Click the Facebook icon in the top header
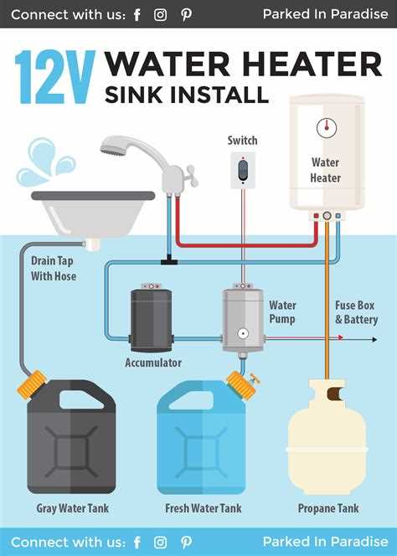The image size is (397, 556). [137, 15]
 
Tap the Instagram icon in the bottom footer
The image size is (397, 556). [160, 542]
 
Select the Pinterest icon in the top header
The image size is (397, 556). [186, 15]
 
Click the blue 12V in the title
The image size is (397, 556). [55, 77]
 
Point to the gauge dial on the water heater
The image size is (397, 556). [327, 128]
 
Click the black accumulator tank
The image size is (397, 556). [152, 320]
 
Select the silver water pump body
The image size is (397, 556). [243, 320]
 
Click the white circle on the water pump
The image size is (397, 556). [243, 333]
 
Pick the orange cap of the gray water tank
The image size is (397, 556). [33, 384]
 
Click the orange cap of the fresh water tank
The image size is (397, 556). [241, 385]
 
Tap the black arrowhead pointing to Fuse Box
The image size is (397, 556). [374, 339]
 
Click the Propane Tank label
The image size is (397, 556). [328, 508]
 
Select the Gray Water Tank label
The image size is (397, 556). [72, 508]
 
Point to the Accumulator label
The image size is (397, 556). [153, 363]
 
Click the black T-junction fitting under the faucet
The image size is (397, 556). [169, 262]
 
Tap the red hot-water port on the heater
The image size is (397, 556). [316, 215]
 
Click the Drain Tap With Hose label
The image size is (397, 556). [54, 269]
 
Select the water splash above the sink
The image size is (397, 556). [45, 162]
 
